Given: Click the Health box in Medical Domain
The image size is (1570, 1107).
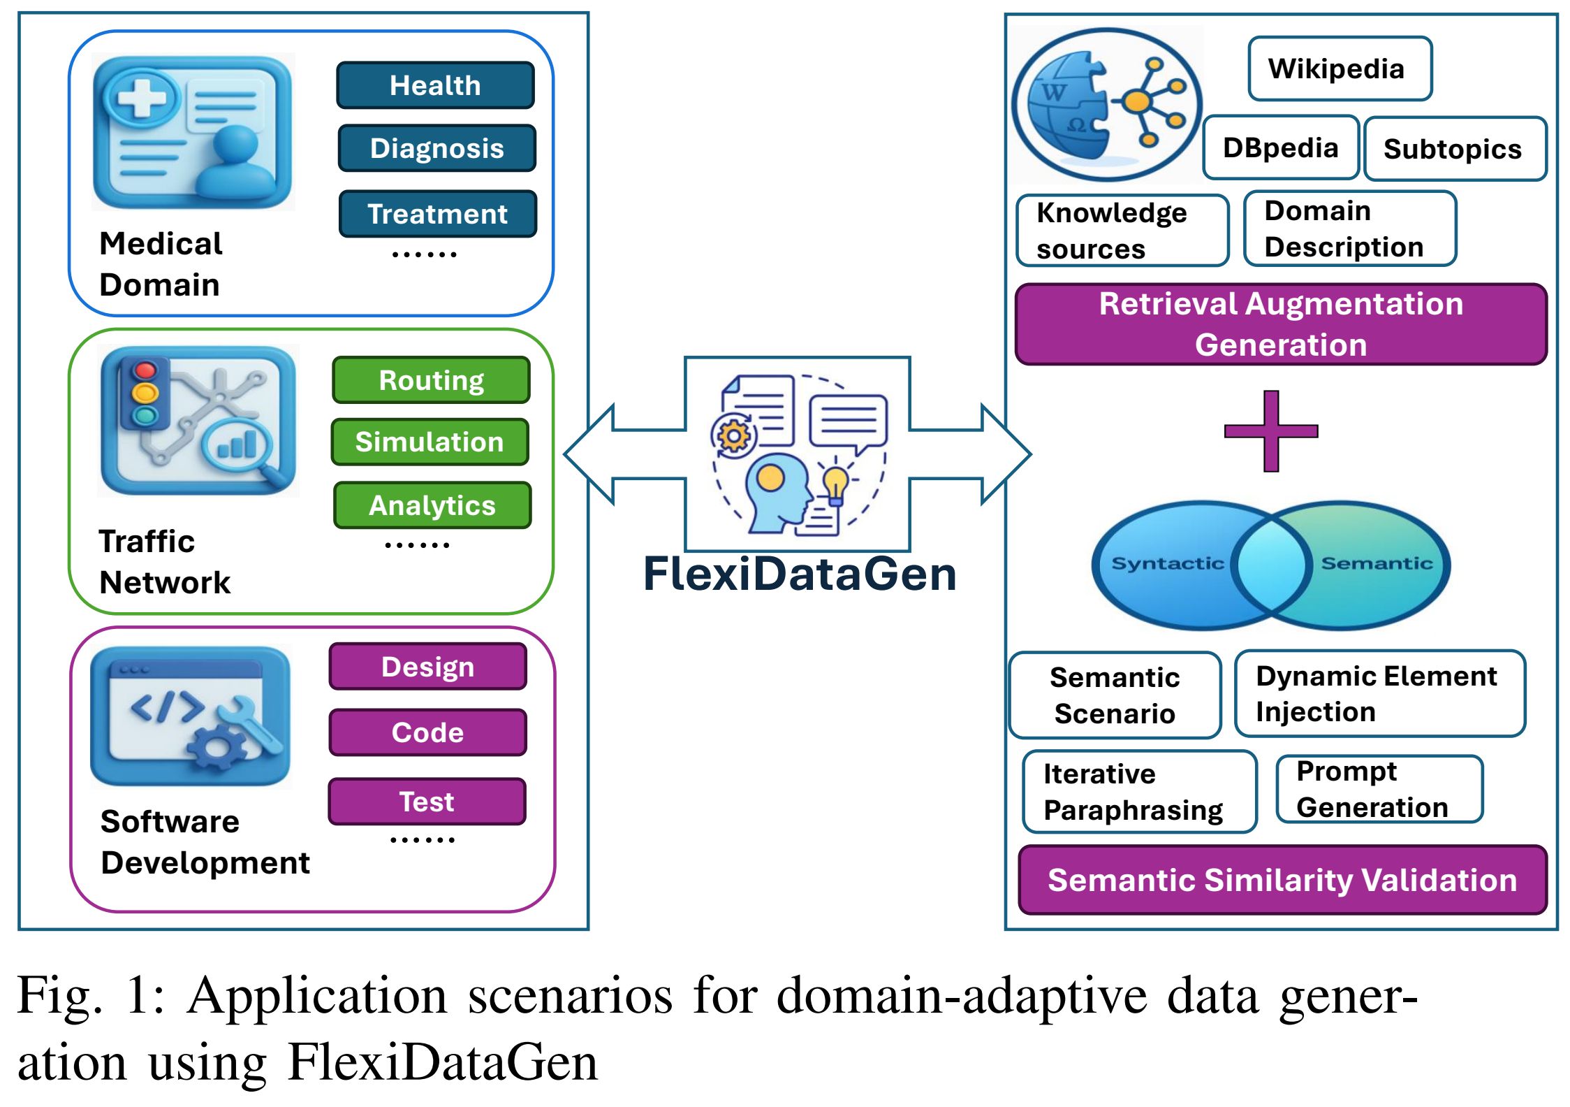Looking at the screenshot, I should [x=435, y=85].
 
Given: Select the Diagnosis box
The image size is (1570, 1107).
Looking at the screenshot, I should [x=436, y=148].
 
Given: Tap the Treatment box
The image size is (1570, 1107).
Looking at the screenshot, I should [x=437, y=214].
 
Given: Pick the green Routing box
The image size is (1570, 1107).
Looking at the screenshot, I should [x=431, y=380].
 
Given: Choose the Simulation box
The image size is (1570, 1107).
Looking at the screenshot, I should [x=430, y=442].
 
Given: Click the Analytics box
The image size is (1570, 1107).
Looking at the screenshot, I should [x=432, y=505].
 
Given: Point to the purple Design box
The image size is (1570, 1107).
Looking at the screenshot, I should [x=427, y=667].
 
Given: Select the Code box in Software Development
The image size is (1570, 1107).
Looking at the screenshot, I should [x=427, y=732].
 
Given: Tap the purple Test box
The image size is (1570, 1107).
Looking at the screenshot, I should [x=427, y=802].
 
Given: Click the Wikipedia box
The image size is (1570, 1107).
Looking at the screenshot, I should [x=1340, y=68].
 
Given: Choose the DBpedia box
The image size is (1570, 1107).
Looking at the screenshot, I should [x=1280, y=147].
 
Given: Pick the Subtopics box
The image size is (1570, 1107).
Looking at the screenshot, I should [x=1455, y=149].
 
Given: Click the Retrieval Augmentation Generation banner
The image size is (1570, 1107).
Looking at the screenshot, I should [x=1281, y=324].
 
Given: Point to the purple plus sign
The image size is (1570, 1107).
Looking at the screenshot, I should [x=1271, y=431].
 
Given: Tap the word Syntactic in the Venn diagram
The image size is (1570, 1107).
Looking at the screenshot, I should [x=1167, y=563].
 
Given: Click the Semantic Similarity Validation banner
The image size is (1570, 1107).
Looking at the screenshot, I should [x=1282, y=880].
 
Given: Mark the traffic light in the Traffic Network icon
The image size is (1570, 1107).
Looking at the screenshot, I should [x=145, y=393].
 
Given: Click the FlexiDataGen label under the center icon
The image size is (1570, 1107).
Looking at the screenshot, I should [x=800, y=574].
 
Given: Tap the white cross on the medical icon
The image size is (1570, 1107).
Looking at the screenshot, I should [x=142, y=99].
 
